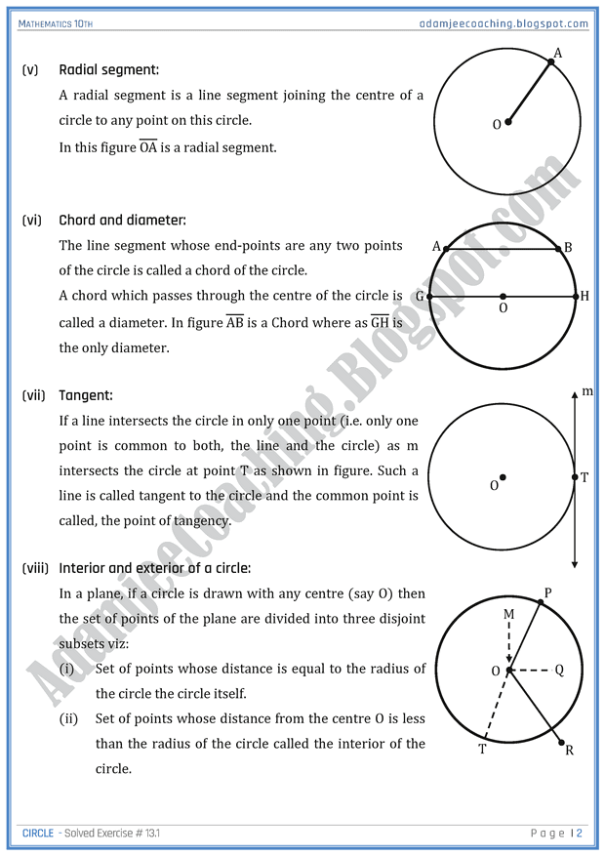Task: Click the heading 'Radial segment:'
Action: [108, 69]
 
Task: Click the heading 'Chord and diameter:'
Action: [122, 221]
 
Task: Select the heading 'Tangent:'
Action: [86, 395]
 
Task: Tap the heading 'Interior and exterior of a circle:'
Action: [154, 567]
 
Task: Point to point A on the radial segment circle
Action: [550, 62]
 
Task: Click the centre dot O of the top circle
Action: [508, 123]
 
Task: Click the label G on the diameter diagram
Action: [419, 296]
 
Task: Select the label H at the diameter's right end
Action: [585, 296]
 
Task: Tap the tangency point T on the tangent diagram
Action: [575, 477]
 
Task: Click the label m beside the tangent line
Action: [587, 391]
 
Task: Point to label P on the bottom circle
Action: [547, 592]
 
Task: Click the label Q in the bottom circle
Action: [559, 671]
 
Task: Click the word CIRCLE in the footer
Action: [37, 833]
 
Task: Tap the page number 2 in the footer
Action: [579, 833]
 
